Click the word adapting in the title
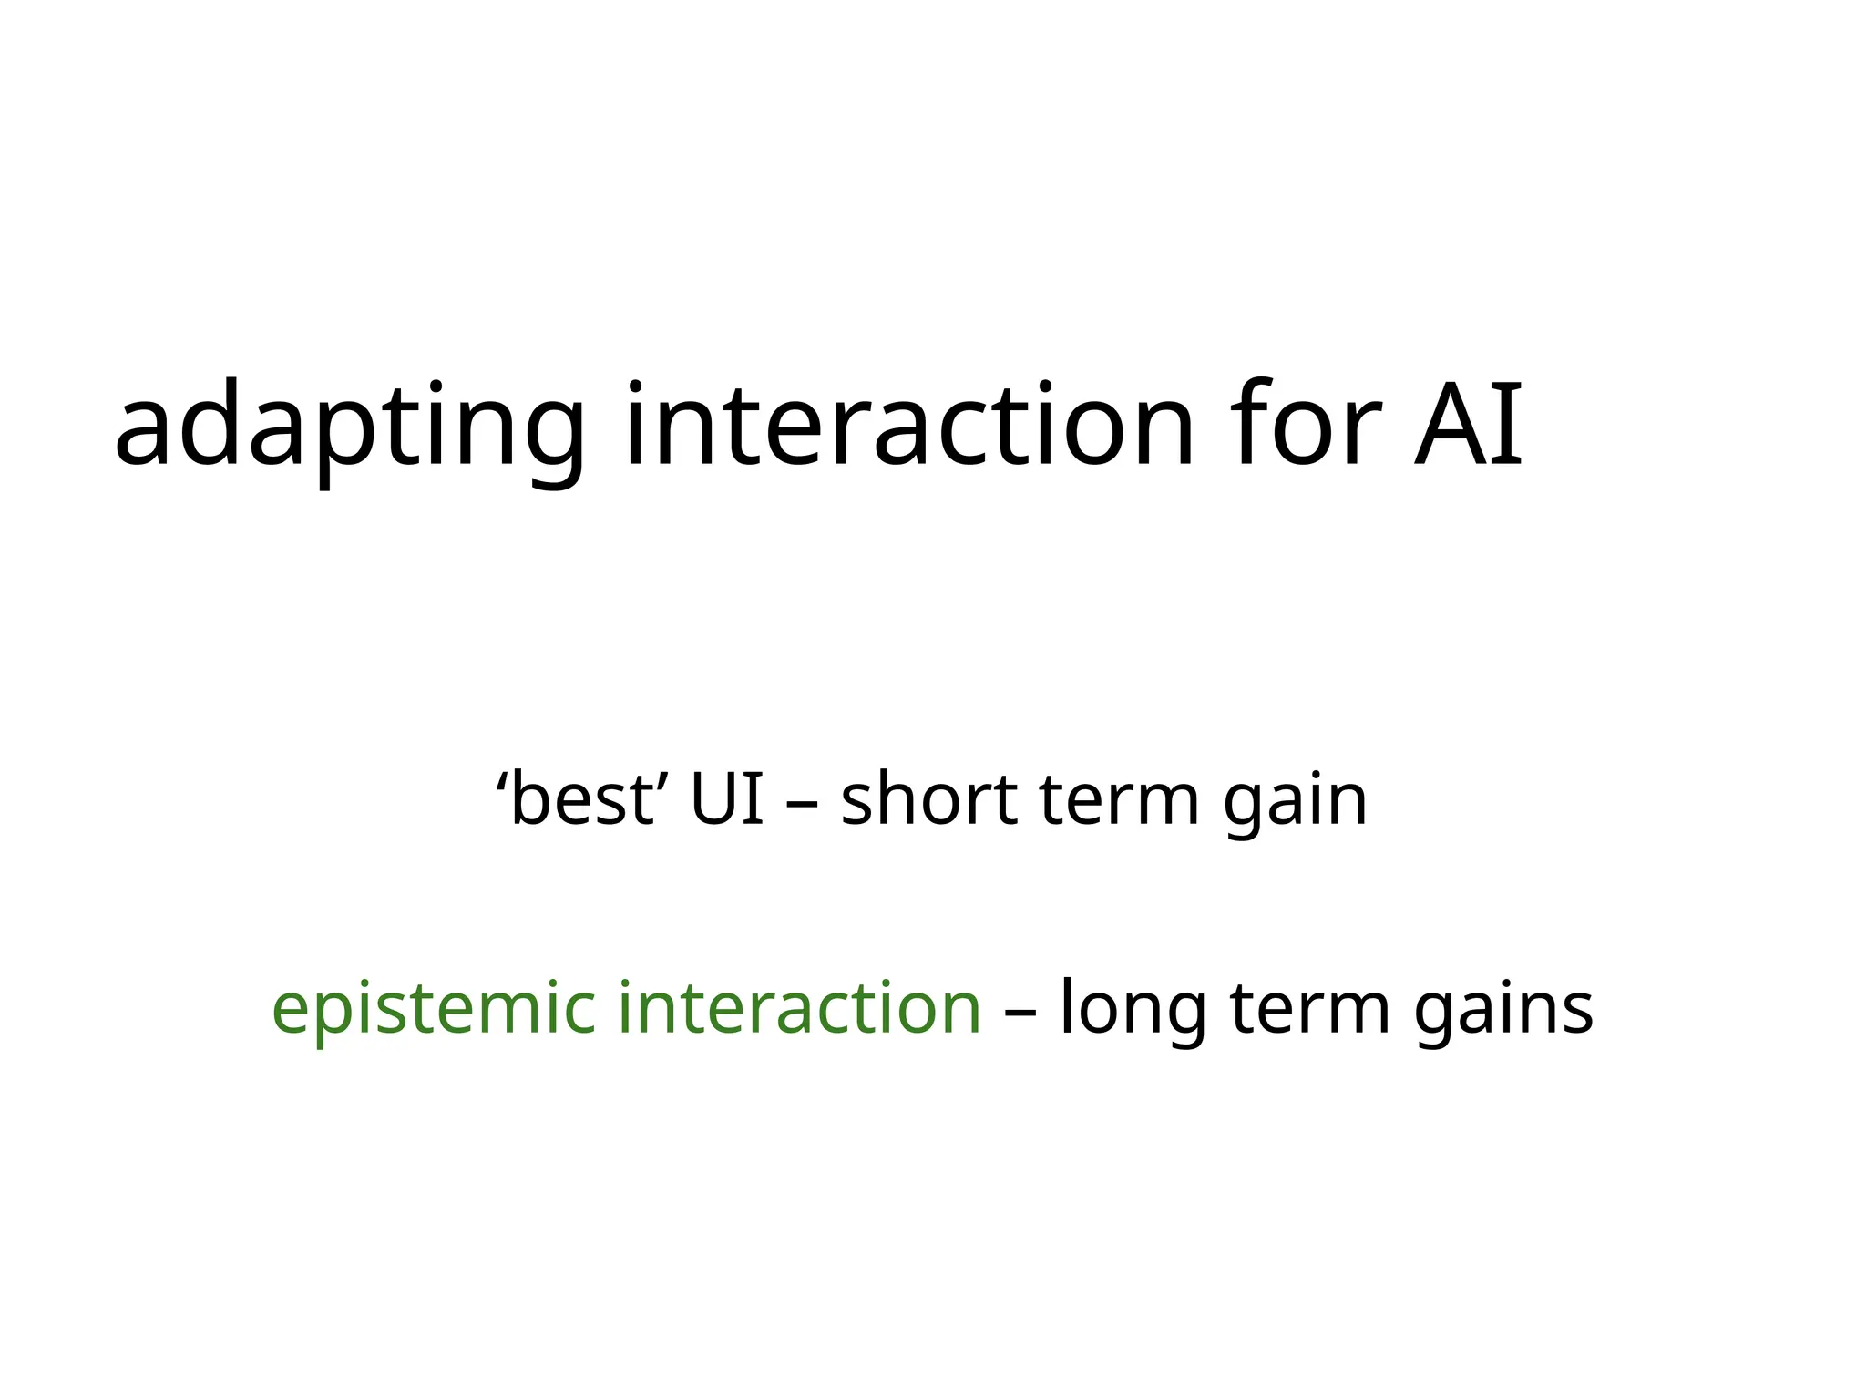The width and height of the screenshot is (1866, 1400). pyautogui.click(x=349, y=426)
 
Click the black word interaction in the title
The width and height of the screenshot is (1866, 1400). pyautogui.click(x=908, y=426)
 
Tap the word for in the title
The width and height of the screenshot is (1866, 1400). pyautogui.click(x=1305, y=426)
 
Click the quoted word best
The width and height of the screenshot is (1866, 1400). pyautogui.click(x=582, y=799)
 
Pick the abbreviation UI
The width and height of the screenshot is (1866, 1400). pyautogui.click(x=726, y=799)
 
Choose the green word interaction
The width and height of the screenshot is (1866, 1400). pyautogui.click(x=799, y=1008)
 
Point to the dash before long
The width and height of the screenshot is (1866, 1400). pyautogui.click(x=1020, y=1013)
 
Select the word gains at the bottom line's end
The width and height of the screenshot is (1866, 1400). pyautogui.click(x=1502, y=1010)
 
